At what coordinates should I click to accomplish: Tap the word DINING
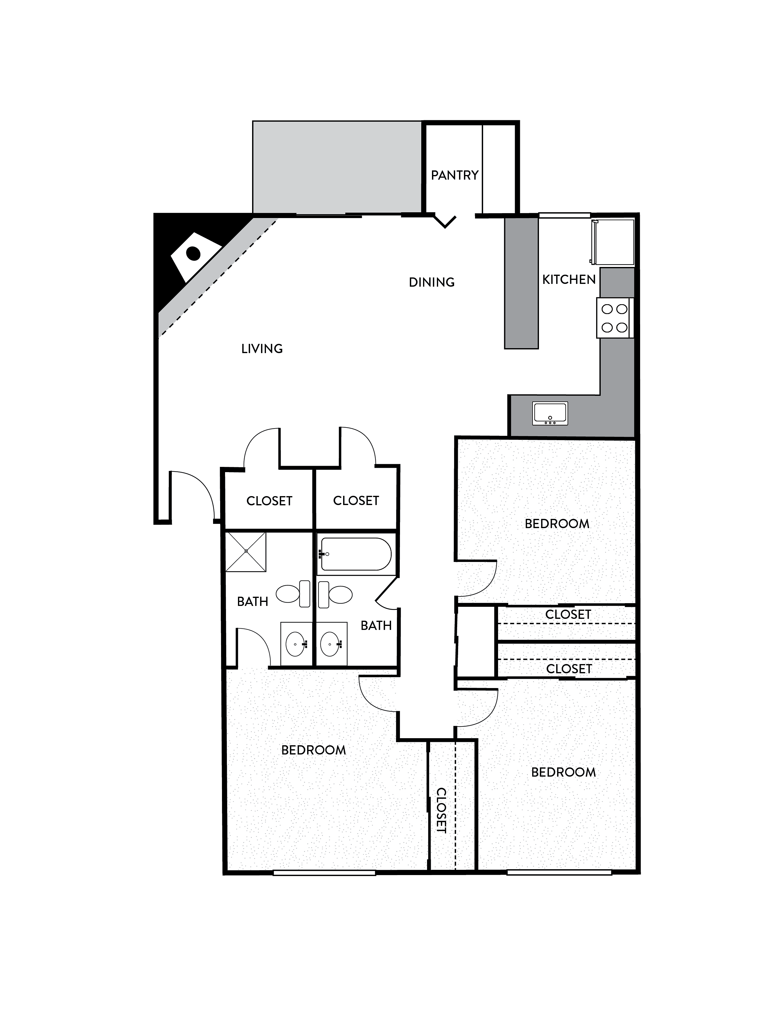coord(431,282)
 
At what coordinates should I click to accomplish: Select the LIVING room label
coord(262,348)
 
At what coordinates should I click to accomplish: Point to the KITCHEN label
coord(569,279)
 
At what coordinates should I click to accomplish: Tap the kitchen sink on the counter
coord(550,413)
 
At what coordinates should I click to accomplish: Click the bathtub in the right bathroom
coord(355,554)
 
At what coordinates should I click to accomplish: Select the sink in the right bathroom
coord(331,644)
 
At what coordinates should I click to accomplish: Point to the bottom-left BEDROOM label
coord(314,750)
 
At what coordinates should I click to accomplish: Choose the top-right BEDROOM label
coord(557,524)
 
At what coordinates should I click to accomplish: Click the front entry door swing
coord(191,495)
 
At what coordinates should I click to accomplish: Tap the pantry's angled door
coord(445,221)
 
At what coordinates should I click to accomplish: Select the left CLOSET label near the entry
coord(269,501)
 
